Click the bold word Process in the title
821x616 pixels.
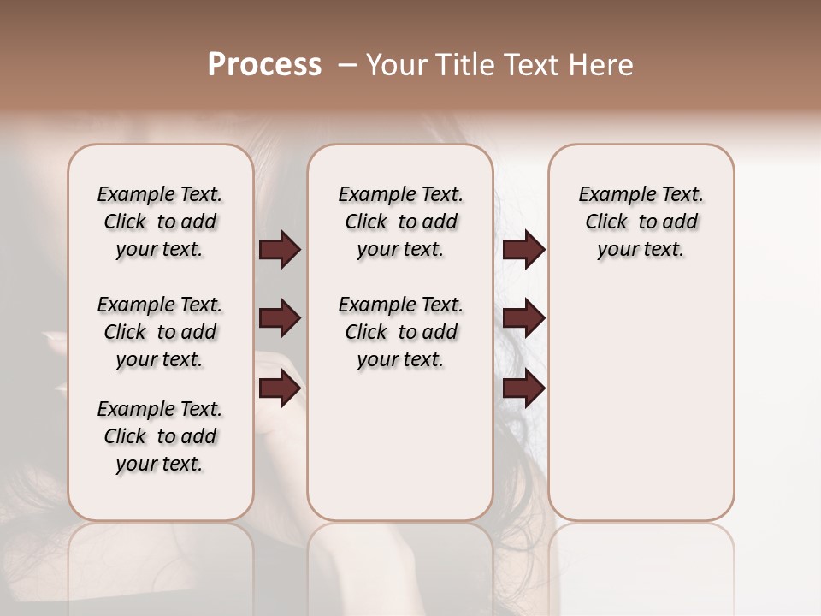tap(264, 65)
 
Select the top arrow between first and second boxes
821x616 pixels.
tap(280, 250)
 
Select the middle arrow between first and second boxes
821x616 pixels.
tap(280, 319)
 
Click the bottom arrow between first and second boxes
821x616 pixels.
tap(280, 388)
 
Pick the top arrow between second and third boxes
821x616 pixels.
tap(523, 250)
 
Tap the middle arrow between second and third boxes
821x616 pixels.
tap(523, 319)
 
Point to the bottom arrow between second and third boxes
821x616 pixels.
tap(523, 388)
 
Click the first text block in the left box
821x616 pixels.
tap(160, 222)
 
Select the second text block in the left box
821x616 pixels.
tap(160, 332)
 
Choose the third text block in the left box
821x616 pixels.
tap(160, 436)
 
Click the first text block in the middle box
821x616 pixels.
tap(400, 222)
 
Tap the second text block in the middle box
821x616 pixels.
tap(400, 332)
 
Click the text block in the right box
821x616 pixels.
tap(641, 222)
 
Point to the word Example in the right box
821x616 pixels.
tap(610, 195)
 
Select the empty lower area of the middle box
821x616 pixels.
tap(400, 453)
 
